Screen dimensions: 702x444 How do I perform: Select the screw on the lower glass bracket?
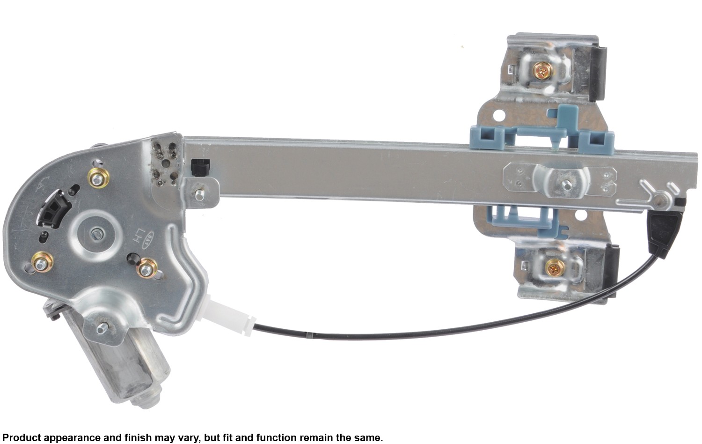click(555, 268)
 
